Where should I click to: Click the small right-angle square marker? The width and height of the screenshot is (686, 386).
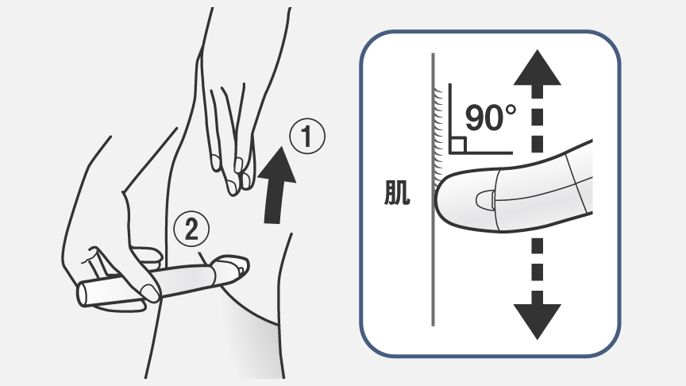pyautogui.click(x=457, y=144)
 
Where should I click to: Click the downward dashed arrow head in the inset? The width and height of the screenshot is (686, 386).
pyautogui.click(x=538, y=319)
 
